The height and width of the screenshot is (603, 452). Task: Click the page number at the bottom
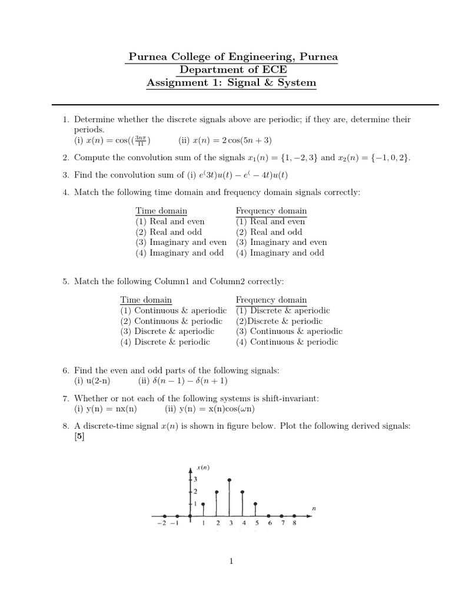tap(231, 562)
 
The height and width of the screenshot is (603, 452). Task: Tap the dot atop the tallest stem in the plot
tap(230, 480)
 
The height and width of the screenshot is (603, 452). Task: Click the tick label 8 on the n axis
tap(294, 522)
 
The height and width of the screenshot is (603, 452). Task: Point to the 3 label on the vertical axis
tap(195, 479)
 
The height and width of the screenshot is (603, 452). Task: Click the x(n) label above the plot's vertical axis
tap(203, 468)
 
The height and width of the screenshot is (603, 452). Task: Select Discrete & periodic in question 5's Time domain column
tap(165, 342)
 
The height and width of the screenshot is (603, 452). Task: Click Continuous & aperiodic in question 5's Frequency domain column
tap(289, 332)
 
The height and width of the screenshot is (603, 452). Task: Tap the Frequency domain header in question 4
tap(271, 211)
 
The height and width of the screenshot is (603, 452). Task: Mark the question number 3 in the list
tap(66, 175)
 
